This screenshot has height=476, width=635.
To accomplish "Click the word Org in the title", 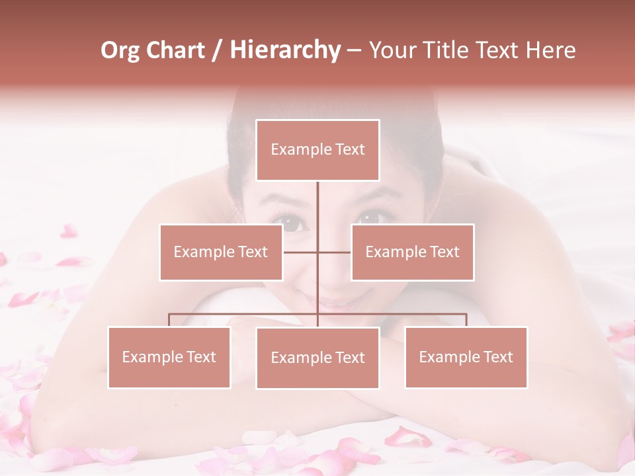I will [120, 50].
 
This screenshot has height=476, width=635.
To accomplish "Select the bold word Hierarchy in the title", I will [284, 50].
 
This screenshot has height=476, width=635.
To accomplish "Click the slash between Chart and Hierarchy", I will [217, 51].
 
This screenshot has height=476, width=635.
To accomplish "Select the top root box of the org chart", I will [317, 150].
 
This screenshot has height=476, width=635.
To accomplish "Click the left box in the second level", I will [221, 252].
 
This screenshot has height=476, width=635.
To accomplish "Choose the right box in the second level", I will [412, 252].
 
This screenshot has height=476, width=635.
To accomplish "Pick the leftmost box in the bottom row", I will [169, 357].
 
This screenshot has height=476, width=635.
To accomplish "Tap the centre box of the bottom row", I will [317, 358].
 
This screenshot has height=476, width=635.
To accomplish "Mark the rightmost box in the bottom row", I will [466, 357].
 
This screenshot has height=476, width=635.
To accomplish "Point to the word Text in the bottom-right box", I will [497, 357].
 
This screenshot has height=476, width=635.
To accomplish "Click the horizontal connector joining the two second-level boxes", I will [317, 252].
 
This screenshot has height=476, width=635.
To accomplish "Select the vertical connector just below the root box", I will [317, 198].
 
